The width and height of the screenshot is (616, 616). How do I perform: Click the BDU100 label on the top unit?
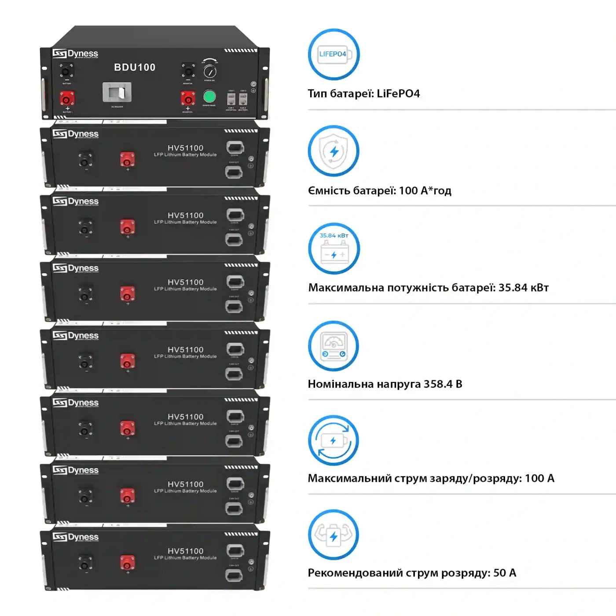click(x=135, y=67)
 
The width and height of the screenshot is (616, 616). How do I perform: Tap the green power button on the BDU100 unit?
click(x=209, y=96)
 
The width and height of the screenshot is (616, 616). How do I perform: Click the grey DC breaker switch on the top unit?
click(x=117, y=92)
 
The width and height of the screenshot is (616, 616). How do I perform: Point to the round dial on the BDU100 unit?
click(x=210, y=71)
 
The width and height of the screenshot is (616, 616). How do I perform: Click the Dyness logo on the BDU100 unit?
click(x=75, y=54)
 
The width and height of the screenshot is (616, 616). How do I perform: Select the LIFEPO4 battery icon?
click(x=334, y=54)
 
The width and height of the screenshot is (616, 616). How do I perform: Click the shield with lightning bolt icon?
click(x=334, y=151)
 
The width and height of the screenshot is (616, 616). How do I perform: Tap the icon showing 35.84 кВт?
click(x=334, y=249)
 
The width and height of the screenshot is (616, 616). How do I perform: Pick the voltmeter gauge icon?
click(x=334, y=346)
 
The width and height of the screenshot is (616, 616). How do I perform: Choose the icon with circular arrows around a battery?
click(x=334, y=440)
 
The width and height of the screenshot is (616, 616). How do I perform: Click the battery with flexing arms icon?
click(x=334, y=535)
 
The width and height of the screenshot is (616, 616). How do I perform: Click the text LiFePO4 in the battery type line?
click(x=398, y=94)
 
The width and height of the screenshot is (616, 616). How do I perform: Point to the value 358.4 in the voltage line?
click(x=438, y=384)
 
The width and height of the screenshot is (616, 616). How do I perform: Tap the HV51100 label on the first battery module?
click(x=185, y=148)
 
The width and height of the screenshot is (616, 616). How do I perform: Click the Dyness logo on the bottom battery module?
click(x=75, y=537)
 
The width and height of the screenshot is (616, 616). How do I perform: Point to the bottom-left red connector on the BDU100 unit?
click(x=67, y=98)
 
